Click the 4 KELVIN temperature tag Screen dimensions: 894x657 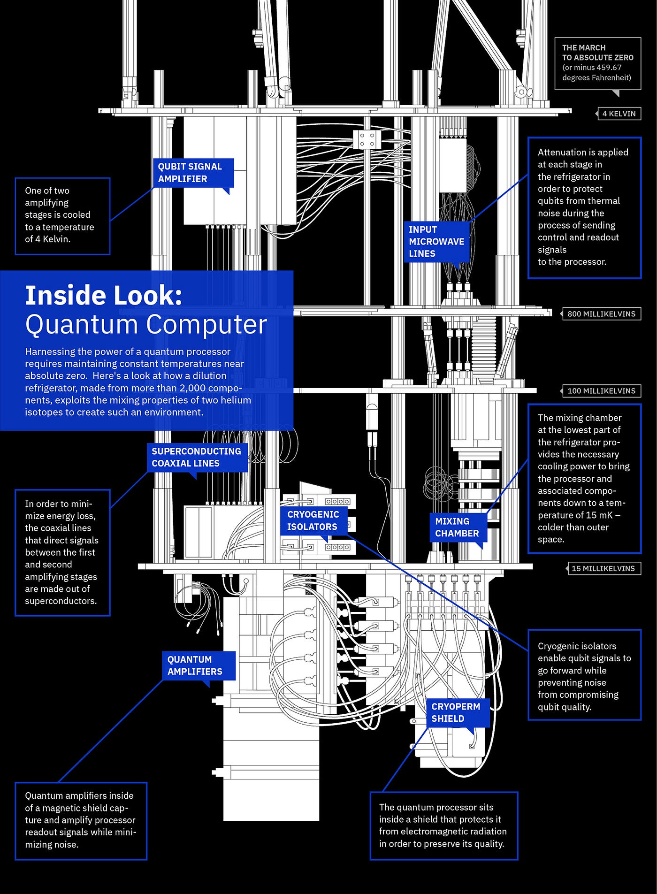pyautogui.click(x=619, y=114)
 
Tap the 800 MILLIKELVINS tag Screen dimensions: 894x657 pyautogui.click(x=601, y=314)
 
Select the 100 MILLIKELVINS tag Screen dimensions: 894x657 pyautogui.click(x=601, y=391)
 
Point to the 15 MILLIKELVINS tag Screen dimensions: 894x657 pyautogui.click(x=603, y=568)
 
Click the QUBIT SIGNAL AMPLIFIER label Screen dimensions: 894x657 pyautogui.click(x=193, y=173)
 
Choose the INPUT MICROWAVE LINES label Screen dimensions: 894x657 pyautogui.click(x=436, y=242)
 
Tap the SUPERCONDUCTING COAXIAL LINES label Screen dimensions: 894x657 pyautogui.click(x=197, y=457)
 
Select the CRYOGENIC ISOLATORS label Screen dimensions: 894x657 pyautogui.click(x=313, y=520)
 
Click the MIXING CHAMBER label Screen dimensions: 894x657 pyautogui.click(x=457, y=527)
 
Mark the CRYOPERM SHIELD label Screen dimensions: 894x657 pyautogui.click(x=457, y=712)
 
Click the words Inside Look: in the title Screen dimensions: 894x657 pyautogui.click(x=104, y=296)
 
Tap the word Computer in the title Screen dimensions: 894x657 pyautogui.click(x=206, y=325)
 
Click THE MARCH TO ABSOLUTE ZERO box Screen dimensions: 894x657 pyautogui.click(x=597, y=63)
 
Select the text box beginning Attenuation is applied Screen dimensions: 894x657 pyautogui.click(x=584, y=207)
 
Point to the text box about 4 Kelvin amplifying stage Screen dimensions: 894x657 pyautogui.click(x=62, y=215)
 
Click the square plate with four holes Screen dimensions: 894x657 pyautogui.click(x=367, y=139)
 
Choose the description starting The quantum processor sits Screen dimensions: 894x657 pyautogui.click(x=443, y=825)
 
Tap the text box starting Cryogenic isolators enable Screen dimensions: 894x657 pyautogui.click(x=584, y=676)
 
